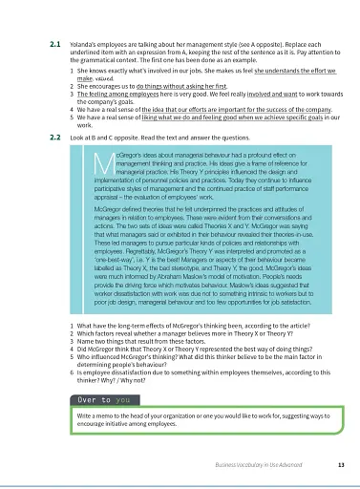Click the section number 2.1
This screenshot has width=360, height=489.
54,44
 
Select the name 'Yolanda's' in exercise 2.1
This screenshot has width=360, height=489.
85,44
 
